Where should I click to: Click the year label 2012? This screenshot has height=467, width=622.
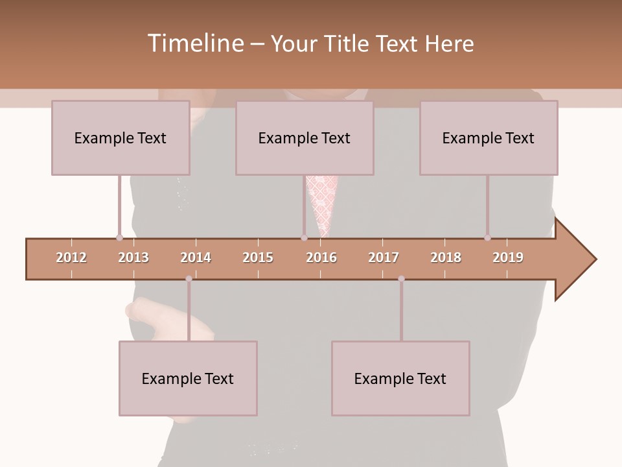coord(71,257)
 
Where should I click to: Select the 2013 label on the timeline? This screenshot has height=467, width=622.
coord(133,257)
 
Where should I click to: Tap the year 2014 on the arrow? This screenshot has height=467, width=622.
coord(196,257)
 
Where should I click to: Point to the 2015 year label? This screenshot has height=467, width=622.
coord(258,257)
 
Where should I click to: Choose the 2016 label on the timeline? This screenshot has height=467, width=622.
coord(321,257)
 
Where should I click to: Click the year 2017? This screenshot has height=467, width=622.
coord(384,257)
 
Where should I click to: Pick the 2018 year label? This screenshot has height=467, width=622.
coord(446,257)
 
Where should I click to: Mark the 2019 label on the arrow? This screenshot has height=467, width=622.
coord(508,257)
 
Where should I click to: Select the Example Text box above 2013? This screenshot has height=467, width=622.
coord(121,138)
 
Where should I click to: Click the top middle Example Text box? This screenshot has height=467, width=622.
coord(305,138)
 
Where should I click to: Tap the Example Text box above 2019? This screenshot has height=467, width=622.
coord(489,138)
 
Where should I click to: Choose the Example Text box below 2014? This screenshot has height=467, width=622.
coord(188,378)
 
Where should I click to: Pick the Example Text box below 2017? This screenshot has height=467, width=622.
coord(400,378)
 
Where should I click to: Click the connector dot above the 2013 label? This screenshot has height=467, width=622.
coord(119,237)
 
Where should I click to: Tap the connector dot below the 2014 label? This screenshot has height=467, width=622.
coord(189,279)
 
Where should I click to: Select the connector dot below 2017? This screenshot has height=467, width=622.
coord(401,279)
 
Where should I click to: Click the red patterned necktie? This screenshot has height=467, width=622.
coord(322,201)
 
